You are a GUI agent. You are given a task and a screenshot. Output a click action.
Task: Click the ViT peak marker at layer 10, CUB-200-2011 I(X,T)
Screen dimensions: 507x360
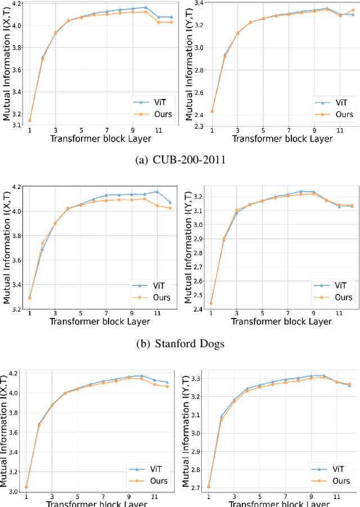click(145, 7)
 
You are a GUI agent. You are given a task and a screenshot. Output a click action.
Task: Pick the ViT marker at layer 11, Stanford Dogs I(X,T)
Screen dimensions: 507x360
click(157, 191)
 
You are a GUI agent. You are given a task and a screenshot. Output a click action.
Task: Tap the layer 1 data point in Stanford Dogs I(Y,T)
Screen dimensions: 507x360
click(211, 303)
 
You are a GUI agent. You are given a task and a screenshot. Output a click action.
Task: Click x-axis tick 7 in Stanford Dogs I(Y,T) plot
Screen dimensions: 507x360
click(288, 313)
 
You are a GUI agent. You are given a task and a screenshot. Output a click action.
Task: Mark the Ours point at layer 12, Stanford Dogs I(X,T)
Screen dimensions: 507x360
click(170, 208)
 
